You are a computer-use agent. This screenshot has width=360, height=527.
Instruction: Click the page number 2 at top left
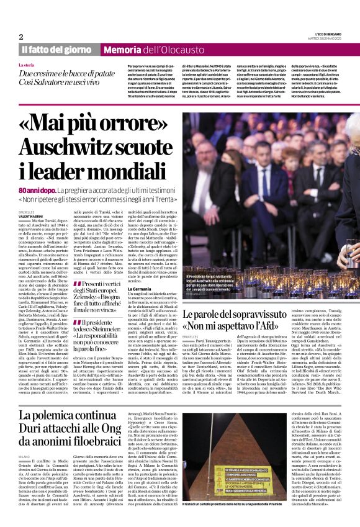coord(21,37)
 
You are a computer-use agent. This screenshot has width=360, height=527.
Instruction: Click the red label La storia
coord(27,65)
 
